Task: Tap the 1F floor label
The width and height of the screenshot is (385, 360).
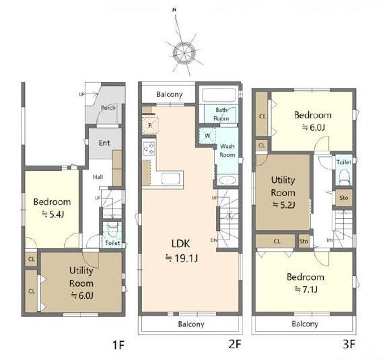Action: click(x=118, y=345)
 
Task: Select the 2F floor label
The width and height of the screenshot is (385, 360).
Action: click(x=235, y=344)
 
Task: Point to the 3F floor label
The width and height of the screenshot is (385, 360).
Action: click(x=349, y=344)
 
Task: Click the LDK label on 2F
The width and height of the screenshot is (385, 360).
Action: click(x=180, y=244)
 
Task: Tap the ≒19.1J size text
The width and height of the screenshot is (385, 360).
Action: click(x=182, y=258)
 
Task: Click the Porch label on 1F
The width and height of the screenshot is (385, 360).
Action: click(x=108, y=108)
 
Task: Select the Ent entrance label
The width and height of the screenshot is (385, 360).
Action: click(x=104, y=143)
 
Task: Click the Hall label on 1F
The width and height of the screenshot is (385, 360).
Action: click(x=98, y=177)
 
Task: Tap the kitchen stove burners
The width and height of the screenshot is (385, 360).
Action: click(x=149, y=149)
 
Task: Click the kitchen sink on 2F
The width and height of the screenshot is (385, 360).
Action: click(x=171, y=178)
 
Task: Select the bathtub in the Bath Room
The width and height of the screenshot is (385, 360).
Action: click(x=219, y=95)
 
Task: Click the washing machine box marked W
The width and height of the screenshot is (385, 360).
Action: click(x=207, y=136)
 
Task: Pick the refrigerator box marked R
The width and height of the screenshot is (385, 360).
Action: click(x=150, y=126)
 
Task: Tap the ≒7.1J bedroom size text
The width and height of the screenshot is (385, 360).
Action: click(x=306, y=289)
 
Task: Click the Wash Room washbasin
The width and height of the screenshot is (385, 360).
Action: click(x=228, y=180)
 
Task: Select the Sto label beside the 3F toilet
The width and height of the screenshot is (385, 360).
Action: click(x=344, y=198)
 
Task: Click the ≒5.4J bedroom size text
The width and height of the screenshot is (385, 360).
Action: click(x=53, y=215)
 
